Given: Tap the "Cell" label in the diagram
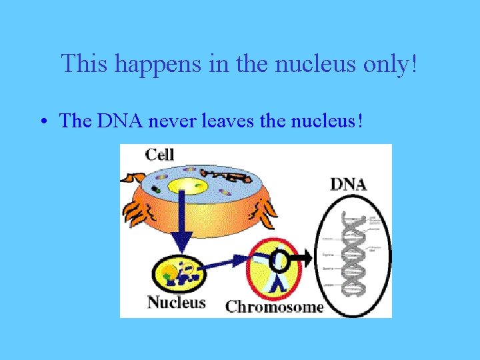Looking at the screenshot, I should pyautogui.click(x=159, y=155).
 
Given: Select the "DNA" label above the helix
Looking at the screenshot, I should pyautogui.click(x=348, y=184).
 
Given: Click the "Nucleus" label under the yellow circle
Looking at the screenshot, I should pyautogui.click(x=176, y=303).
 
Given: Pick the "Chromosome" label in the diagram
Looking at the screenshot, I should pyautogui.click(x=274, y=307).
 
